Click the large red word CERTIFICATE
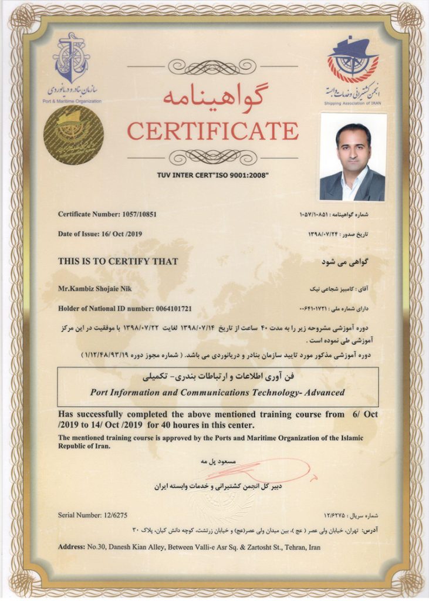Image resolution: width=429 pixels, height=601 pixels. pos(212,130)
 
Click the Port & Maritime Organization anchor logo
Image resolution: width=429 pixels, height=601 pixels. pos(71,59)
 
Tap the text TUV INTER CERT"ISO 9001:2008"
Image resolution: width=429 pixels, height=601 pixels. pos(213,175)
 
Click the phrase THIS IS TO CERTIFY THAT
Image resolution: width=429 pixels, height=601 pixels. pos(118,261)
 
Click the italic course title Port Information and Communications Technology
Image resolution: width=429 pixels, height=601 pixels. pos(218,393)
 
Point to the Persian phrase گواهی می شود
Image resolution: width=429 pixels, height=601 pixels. pos(346,261)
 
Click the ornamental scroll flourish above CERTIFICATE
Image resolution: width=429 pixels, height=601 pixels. pos(212,66)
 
